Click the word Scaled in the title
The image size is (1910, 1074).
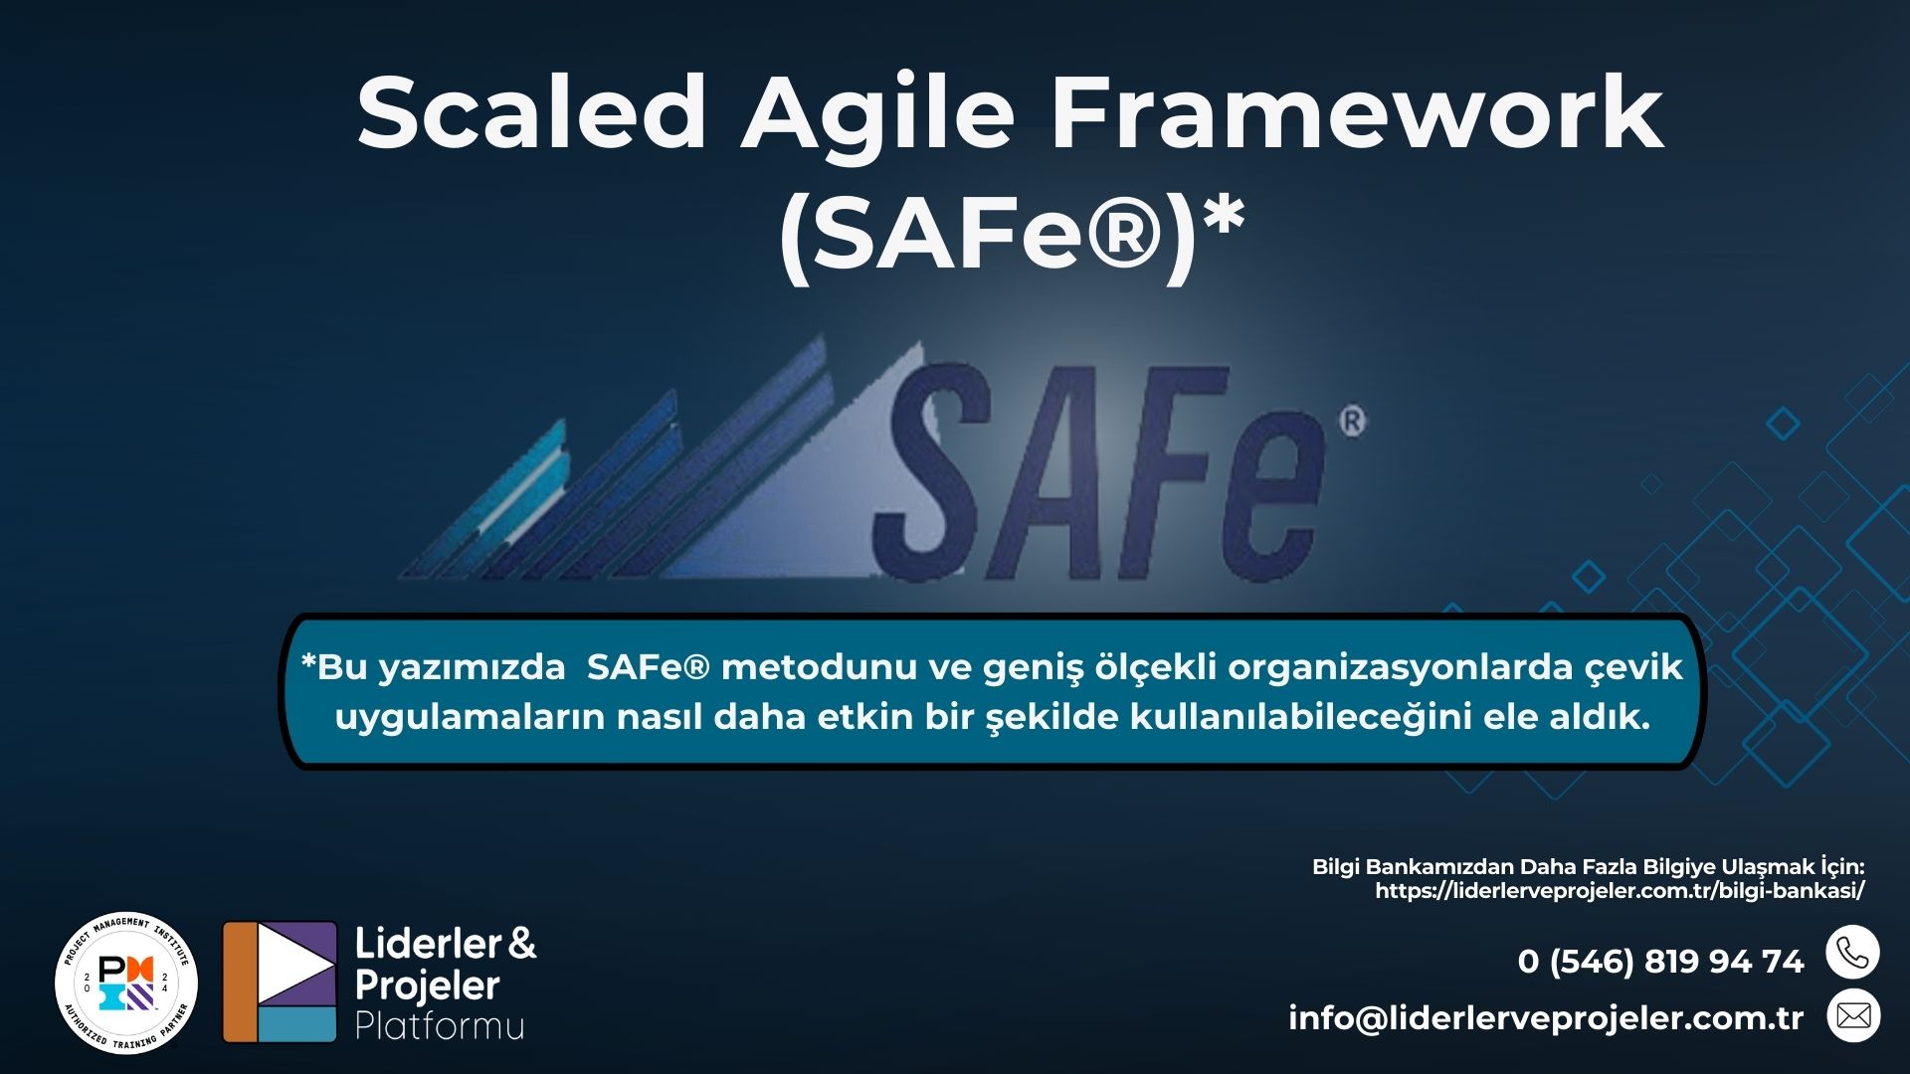tap(531, 111)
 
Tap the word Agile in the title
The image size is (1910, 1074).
tap(878, 117)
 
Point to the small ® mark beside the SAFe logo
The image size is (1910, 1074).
tap(1353, 421)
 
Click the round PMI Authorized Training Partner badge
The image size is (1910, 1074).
tap(126, 983)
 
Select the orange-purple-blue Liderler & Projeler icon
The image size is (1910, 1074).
tap(280, 982)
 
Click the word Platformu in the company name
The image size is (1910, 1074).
tap(440, 1025)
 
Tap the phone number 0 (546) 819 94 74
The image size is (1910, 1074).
tap(1660, 962)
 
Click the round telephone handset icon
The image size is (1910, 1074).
tap(1852, 953)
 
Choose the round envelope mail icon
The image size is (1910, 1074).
tap(1853, 1015)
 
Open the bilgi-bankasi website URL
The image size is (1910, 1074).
tap(1620, 891)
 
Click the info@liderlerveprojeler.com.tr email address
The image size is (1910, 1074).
tap(1546, 1018)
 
